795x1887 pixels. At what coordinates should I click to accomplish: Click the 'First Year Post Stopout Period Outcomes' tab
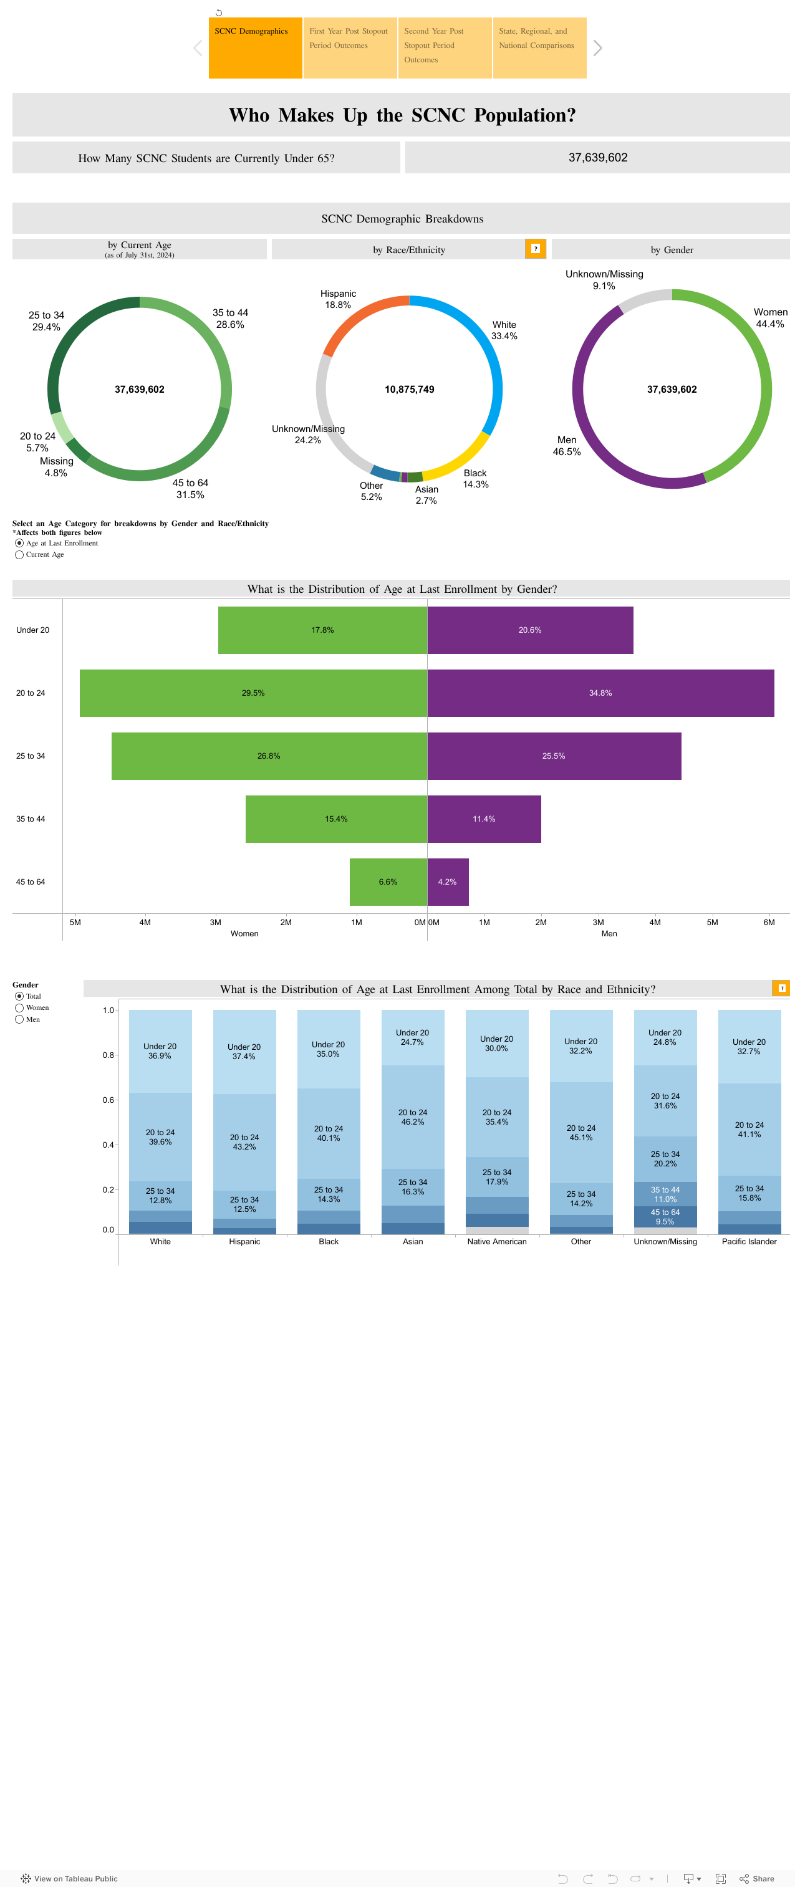[350, 47]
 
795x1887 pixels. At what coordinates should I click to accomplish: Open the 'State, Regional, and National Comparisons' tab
[539, 47]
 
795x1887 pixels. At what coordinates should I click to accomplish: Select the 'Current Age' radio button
[20, 555]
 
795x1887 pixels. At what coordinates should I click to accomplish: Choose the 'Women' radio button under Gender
[20, 1008]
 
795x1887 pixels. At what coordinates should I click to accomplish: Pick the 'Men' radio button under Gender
[20, 1020]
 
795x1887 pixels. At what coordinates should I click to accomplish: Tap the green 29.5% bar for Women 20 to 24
[253, 693]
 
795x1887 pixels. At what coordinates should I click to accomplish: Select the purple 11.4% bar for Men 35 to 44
[484, 819]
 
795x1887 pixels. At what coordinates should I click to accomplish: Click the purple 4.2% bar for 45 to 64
[448, 882]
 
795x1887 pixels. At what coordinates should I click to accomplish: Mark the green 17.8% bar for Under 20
[322, 630]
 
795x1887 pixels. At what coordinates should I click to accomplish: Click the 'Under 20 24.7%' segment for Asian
[413, 1037]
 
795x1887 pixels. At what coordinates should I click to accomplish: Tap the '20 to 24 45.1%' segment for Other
[581, 1133]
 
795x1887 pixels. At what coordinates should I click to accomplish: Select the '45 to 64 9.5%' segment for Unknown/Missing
[665, 1217]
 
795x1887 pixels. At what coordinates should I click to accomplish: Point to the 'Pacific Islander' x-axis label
[749, 1242]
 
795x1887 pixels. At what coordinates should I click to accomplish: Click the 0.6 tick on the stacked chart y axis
[108, 1100]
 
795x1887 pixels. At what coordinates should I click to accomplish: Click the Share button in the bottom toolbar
[757, 1878]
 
